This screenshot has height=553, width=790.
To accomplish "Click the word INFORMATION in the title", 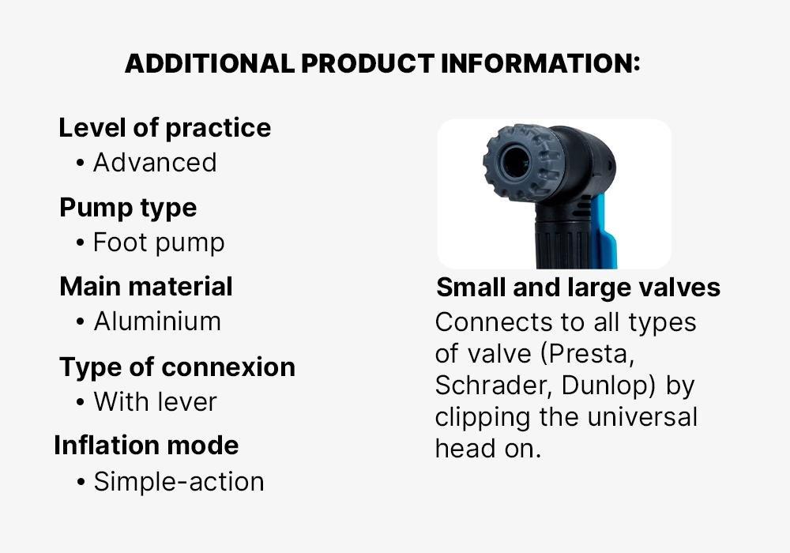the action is click(x=540, y=63).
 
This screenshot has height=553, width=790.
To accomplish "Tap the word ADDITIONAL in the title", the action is click(x=209, y=63).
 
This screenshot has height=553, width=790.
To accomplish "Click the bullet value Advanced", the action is click(x=155, y=163).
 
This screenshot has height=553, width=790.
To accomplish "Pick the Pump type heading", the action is click(x=128, y=209).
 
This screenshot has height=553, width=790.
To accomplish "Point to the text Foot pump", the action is click(x=160, y=243).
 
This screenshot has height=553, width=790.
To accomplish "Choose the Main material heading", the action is click(x=146, y=287).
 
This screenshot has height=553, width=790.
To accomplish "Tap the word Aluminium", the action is click(x=157, y=322).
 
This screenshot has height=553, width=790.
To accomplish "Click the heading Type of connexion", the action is click(x=177, y=367).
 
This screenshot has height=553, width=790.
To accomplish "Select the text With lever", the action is click(x=155, y=402).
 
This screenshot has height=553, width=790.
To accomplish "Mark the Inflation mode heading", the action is click(x=146, y=446).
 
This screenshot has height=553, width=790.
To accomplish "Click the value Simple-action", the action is click(x=179, y=482).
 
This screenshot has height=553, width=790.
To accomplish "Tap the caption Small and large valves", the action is click(x=578, y=288).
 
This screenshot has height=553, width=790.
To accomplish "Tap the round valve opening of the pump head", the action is click(x=515, y=163).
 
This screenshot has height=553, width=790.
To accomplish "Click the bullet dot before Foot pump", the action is click(x=80, y=243).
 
